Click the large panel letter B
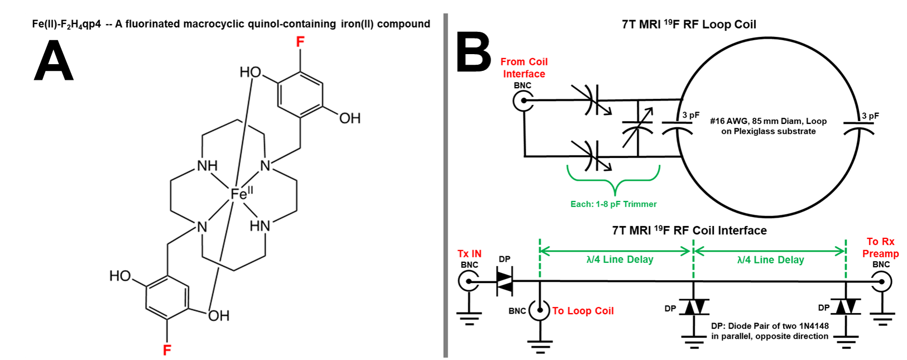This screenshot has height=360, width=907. click(474, 52)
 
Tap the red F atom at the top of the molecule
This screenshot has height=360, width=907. click(300, 41)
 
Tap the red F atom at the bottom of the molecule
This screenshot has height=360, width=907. click(167, 350)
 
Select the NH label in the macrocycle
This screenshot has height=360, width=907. click(207, 166)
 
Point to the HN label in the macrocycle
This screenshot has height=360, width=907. click(260, 226)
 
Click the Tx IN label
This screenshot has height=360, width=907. click(469, 254)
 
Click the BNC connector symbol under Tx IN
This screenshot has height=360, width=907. click(469, 281)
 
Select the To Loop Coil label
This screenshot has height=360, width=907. click(583, 310)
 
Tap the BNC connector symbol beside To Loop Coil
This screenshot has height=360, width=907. click(540, 310)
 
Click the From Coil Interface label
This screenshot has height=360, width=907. click(524, 68)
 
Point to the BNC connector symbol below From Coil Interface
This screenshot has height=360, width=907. click(524, 100)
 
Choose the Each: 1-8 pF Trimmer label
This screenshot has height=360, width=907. click(613, 204)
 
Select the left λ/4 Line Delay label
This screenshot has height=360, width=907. click(620, 259)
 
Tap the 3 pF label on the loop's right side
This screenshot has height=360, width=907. click(870, 116)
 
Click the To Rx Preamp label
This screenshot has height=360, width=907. click(880, 247)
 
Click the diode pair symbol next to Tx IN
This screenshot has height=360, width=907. click(505, 281)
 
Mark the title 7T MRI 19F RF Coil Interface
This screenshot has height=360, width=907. click(689, 230)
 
